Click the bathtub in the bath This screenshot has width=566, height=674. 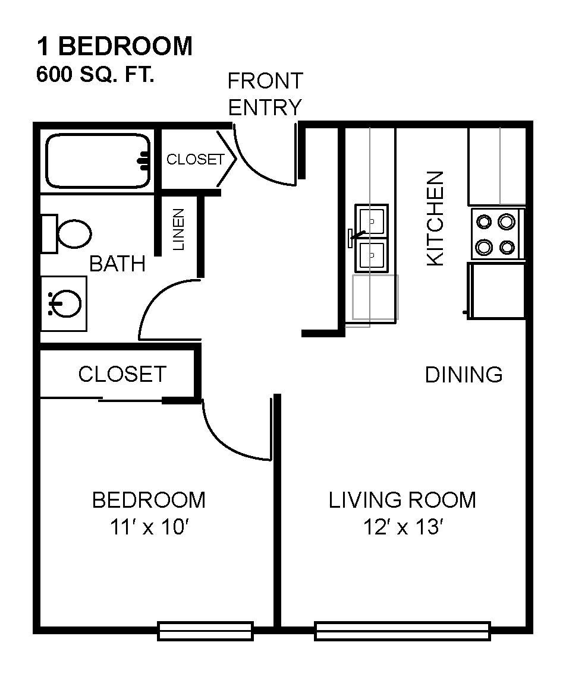coord(98,161)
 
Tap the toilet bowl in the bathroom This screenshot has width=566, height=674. coord(74,234)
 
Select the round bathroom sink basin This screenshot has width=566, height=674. coord(66,303)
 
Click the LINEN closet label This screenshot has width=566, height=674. coord(178,229)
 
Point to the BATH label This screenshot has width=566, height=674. coord(117,264)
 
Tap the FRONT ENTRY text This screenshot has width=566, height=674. coord(265,94)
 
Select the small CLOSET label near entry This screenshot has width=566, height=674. coord(196,160)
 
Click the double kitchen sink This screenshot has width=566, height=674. coord(371,239)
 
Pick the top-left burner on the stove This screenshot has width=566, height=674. coord(484,222)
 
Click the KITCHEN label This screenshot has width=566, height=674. coord(435,219)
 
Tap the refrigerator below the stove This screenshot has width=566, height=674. coord(496,291)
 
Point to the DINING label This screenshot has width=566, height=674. coord(464,375)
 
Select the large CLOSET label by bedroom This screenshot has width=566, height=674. coord(122,374)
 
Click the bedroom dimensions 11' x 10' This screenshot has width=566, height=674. coord(149,527)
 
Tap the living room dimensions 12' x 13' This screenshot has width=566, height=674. coord(403,527)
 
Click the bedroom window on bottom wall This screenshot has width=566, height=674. coord(205,631)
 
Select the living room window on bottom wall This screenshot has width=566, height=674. coord(403,631)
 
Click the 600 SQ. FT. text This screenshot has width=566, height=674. coord(95,75)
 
